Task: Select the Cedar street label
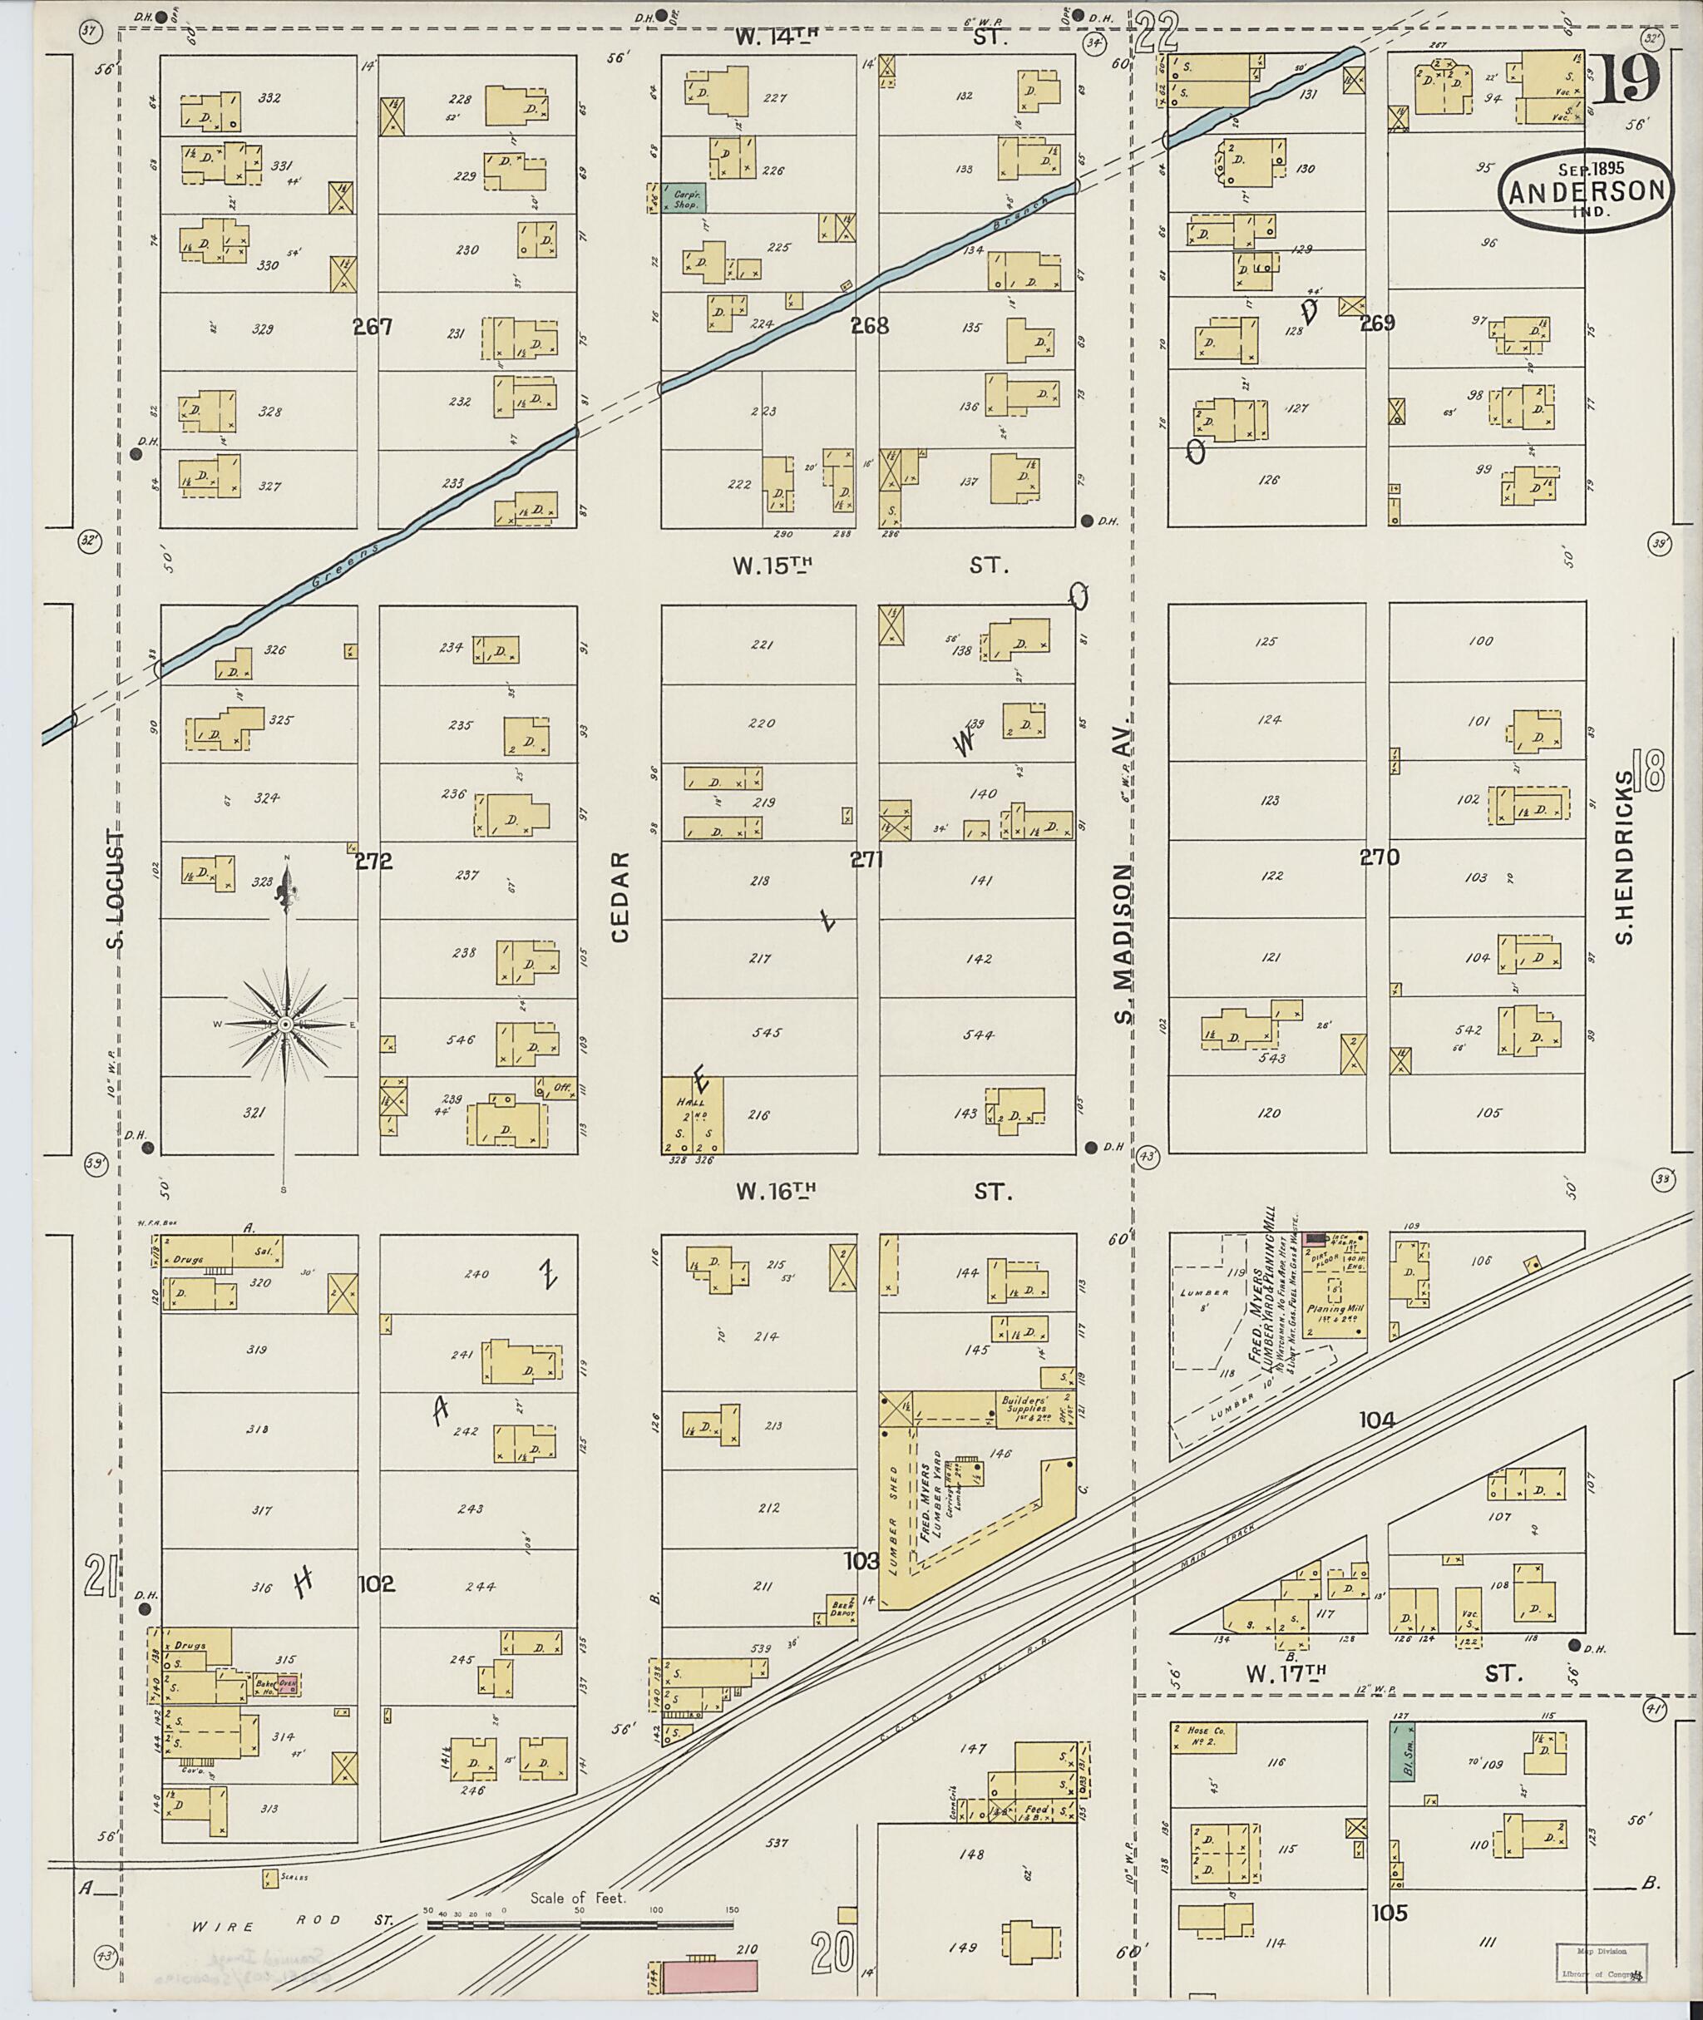[619, 896]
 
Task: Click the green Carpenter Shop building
[684, 198]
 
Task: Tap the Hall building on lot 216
[692, 1115]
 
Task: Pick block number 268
[869, 326]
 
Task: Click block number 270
[1379, 857]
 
